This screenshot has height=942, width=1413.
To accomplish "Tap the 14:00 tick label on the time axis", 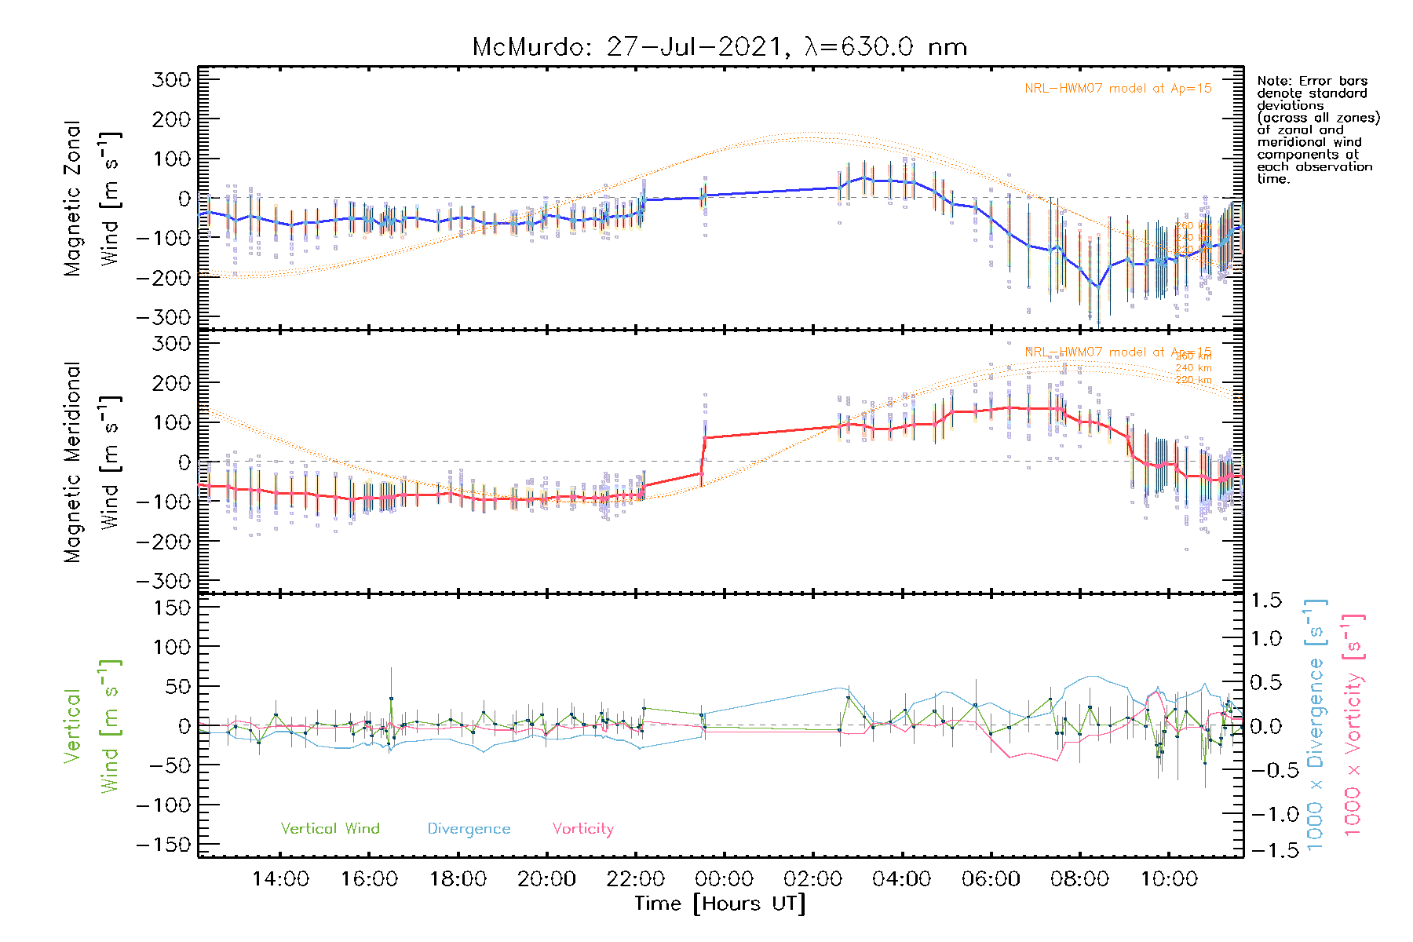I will (280, 879).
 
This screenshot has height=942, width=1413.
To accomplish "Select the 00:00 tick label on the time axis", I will (724, 879).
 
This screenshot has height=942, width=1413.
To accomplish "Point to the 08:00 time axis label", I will (1079, 879).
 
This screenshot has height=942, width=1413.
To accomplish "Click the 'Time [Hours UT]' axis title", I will (720, 904).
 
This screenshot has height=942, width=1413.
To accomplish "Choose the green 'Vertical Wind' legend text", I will (330, 829).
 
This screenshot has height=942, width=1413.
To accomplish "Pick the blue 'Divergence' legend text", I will (469, 829).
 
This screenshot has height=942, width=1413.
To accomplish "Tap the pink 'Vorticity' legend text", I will (582, 829).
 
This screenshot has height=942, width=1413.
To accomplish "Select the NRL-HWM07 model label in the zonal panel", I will (1118, 89).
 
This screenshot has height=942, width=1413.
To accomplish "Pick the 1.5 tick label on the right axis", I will (1266, 601).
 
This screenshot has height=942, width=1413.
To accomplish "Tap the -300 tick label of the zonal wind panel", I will (163, 318).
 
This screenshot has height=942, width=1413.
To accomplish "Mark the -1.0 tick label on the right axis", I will (1266, 814).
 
